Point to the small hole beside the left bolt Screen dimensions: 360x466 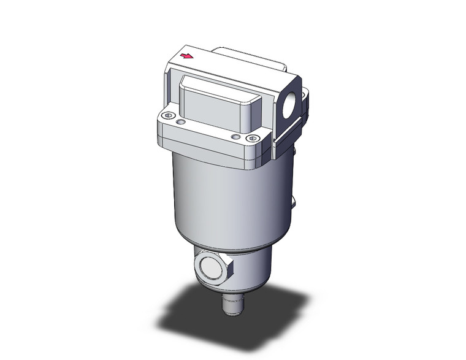pyautogui.click(x=180, y=123)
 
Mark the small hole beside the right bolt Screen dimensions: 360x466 pyautogui.click(x=235, y=137)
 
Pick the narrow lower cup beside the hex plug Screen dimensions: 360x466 pyautogui.click(x=251, y=270)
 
